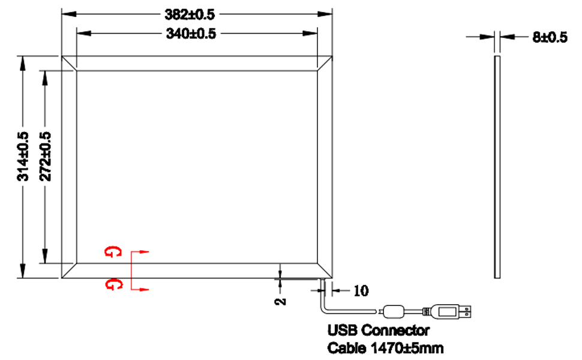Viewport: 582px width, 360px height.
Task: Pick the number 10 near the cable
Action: click(361, 292)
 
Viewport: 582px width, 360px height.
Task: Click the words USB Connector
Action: click(378, 330)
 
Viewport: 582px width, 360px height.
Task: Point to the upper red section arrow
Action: click(140, 252)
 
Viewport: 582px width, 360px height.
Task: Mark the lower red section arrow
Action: click(140, 290)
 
